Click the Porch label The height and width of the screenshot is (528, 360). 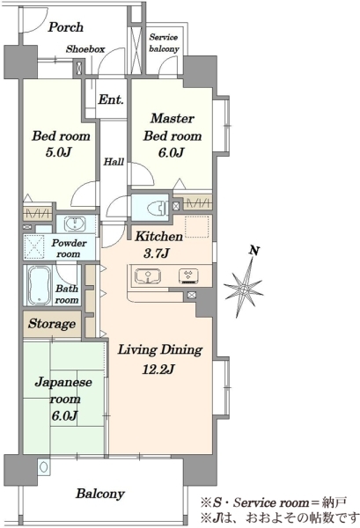65,27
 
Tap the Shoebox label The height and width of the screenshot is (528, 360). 85,49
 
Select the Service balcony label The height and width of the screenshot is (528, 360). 164,43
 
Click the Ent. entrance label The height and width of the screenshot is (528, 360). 111,99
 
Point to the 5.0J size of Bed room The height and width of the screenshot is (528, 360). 58,152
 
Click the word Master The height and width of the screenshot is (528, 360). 173,118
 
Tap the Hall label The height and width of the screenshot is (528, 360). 114,162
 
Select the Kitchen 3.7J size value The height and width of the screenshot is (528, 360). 156,253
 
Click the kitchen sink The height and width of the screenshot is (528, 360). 148,276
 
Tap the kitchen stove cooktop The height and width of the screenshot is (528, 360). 187,275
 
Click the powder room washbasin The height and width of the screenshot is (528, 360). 74,224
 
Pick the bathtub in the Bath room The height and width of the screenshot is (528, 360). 40,285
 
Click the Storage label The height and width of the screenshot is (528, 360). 52,324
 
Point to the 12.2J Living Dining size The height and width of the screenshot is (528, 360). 158,370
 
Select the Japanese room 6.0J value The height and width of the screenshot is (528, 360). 64,415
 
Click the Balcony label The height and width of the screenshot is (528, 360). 100,494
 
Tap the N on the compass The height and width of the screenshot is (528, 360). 254,251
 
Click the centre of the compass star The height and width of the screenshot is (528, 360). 244,289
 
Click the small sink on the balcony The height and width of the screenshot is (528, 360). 43,466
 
